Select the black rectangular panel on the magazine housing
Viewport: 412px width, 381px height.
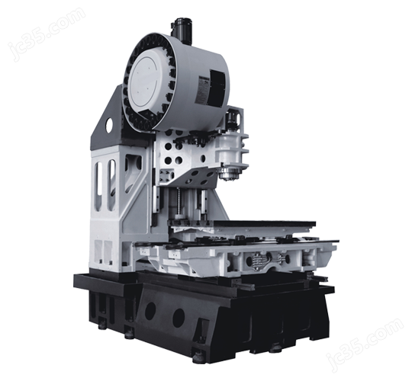coord(217,88)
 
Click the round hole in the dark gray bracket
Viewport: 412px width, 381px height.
coord(109,125)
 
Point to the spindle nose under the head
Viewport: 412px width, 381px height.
coord(230,174)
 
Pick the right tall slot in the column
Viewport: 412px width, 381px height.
coord(112,184)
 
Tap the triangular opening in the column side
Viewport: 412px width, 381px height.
coord(134,172)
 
